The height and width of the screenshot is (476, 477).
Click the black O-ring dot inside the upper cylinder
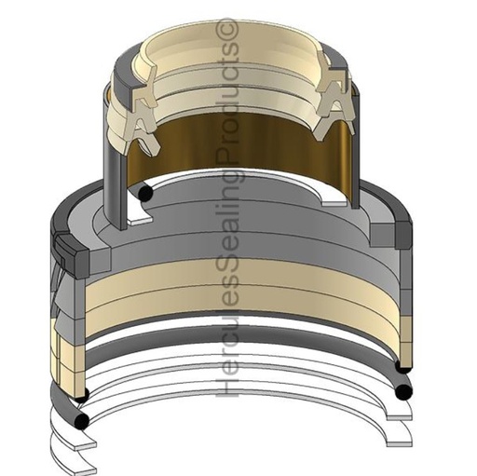144,192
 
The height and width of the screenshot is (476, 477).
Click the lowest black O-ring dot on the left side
82,422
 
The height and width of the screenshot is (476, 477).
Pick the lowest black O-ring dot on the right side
403,392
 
